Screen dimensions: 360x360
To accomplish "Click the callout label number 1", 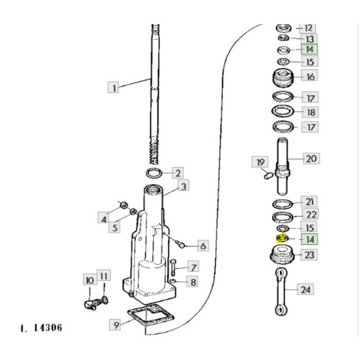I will tap(114, 87).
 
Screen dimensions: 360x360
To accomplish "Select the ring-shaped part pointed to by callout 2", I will tap(155, 172).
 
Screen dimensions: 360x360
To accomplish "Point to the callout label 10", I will tap(89, 280).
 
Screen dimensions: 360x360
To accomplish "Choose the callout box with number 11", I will tap(102, 276).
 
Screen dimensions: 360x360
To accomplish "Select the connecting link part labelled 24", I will tap(280, 291).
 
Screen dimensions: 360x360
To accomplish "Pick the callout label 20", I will tap(311, 158).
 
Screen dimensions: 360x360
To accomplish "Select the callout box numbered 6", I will tap(203, 247).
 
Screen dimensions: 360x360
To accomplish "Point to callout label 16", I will tap(310, 77).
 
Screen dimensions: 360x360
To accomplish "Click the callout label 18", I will tap(310, 112).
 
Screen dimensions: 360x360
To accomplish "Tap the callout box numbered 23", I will tap(310, 254).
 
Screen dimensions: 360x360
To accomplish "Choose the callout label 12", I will tap(309, 28).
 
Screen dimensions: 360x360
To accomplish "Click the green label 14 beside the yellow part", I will tap(310, 239).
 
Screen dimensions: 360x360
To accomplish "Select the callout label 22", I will tap(311, 214).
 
